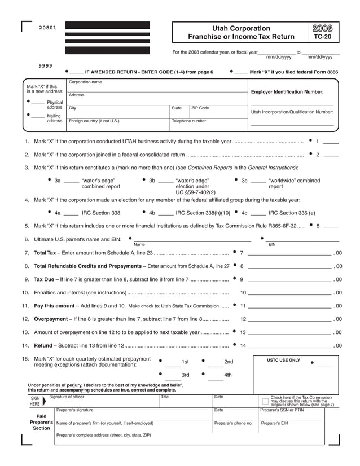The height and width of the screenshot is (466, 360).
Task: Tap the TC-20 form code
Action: (x=322, y=37)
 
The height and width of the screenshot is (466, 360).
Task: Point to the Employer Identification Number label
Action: (x=287, y=91)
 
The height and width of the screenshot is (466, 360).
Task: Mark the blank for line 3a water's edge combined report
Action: (x=71, y=182)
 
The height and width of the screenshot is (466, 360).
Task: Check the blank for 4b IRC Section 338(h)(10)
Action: (x=165, y=214)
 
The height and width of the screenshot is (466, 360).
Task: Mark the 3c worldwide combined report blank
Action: (x=258, y=182)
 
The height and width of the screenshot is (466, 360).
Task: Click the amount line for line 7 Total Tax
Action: (x=289, y=253)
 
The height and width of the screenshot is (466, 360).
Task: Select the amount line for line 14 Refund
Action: (x=289, y=346)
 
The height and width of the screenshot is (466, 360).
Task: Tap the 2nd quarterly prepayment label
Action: (x=228, y=362)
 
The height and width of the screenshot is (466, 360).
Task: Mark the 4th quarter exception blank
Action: (x=216, y=377)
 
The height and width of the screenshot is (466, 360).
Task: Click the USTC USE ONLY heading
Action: (x=283, y=360)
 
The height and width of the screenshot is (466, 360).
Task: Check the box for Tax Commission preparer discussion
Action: (x=265, y=401)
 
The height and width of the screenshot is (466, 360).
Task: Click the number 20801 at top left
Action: (x=47, y=28)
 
